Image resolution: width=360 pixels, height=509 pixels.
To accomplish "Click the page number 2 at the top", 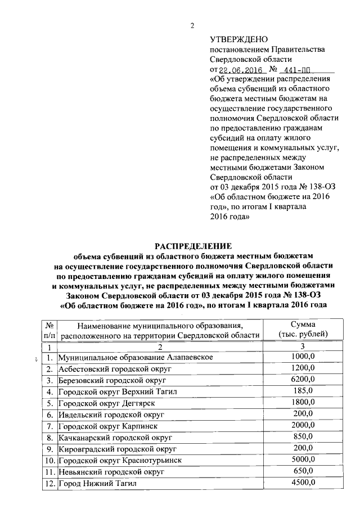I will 192,25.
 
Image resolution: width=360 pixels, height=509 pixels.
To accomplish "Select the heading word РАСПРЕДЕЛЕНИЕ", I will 193,246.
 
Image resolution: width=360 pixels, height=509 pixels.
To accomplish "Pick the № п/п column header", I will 49,329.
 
